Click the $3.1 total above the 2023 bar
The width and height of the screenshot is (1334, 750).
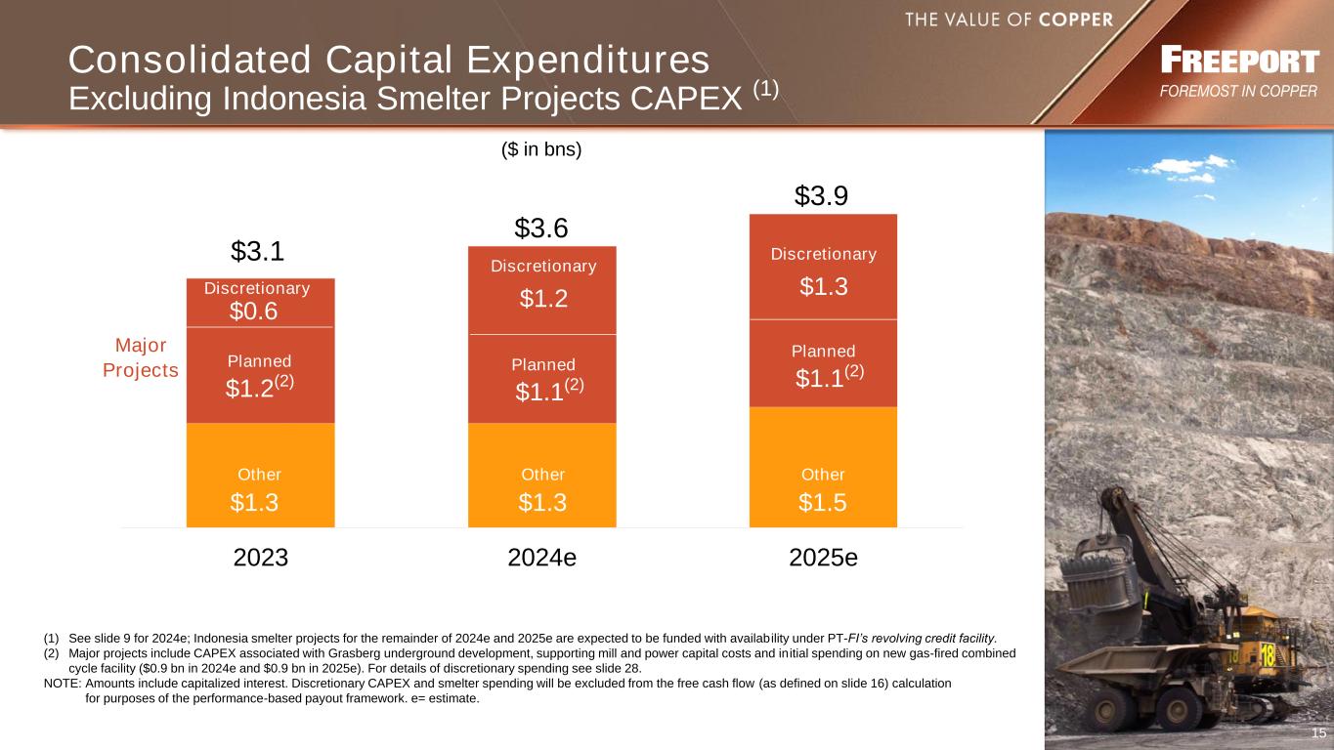258,252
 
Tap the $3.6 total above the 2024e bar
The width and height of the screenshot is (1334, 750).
541,229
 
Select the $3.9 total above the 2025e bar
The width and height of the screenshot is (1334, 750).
821,196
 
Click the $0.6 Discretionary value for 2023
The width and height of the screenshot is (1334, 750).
254,311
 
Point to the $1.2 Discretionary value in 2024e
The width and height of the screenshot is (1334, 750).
542,299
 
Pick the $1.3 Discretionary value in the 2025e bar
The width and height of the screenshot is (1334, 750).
823,286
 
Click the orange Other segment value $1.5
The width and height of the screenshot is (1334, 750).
823,502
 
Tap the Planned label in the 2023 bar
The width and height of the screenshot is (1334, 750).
259,361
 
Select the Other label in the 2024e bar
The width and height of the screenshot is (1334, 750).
542,475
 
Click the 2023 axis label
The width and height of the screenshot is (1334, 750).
261,558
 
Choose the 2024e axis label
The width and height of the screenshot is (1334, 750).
542,558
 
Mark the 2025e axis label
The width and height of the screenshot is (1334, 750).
823,558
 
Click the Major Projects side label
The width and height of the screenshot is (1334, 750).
141,358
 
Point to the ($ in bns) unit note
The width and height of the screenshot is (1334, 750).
541,150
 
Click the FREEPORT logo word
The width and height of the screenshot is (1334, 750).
1239,62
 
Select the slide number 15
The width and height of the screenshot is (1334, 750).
1318,733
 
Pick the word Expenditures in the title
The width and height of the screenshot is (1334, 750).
567,61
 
